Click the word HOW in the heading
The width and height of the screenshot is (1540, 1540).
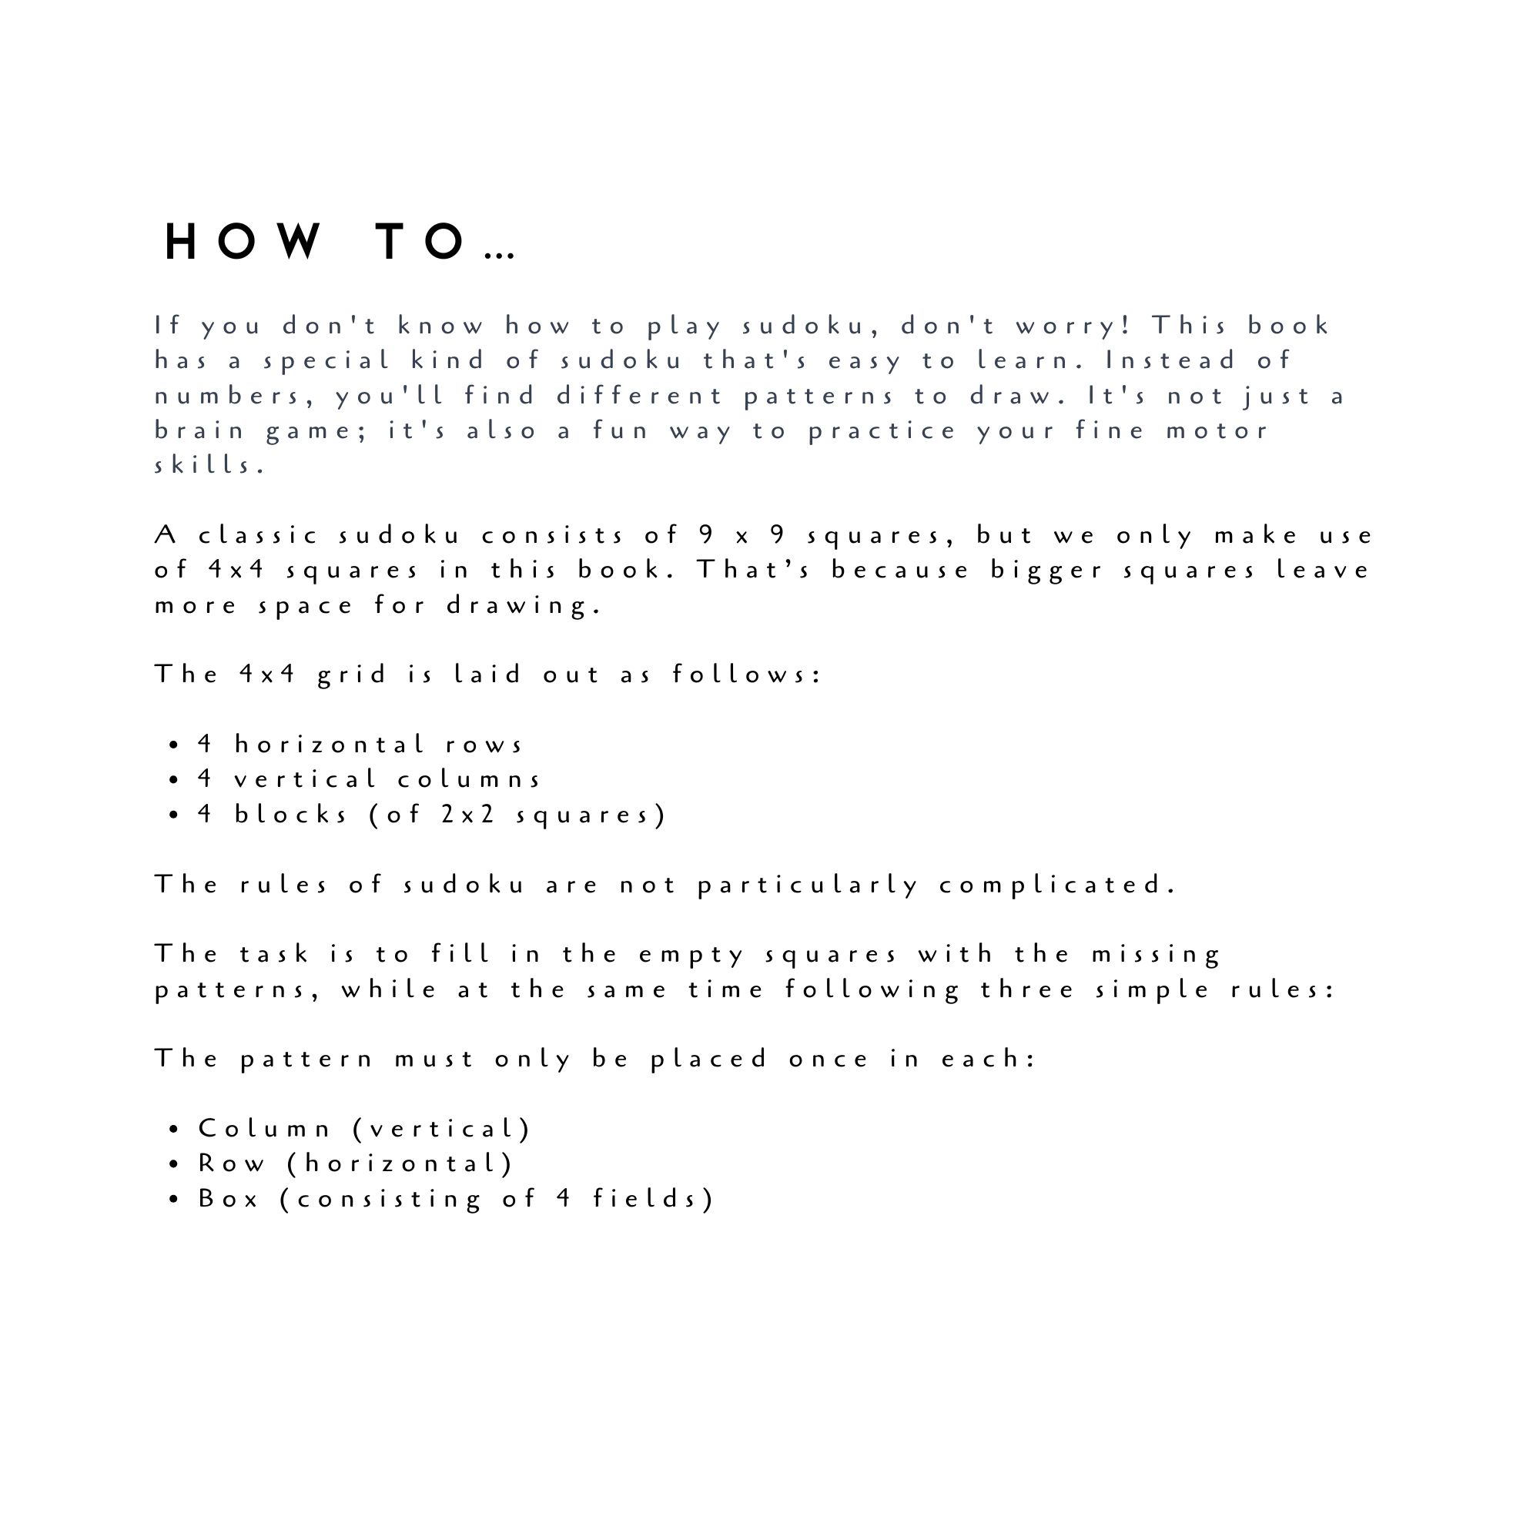[243, 242]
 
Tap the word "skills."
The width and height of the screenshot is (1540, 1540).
[209, 466]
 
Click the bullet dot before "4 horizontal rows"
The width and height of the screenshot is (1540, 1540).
[174, 746]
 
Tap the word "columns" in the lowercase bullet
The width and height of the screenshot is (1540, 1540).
[470, 779]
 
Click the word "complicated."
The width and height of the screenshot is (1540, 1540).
[1057, 885]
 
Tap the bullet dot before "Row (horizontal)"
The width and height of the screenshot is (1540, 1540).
[174, 1164]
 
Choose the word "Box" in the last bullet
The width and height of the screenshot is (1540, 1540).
[229, 1200]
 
